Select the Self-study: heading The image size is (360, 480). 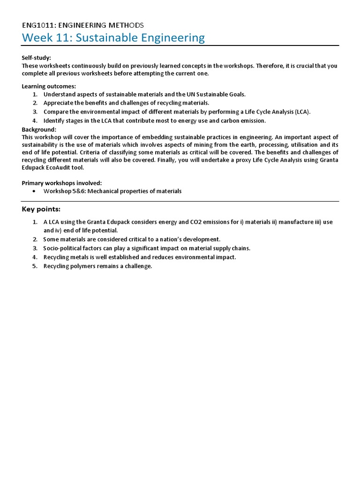click(37, 57)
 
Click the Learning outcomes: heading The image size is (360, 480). click(49, 86)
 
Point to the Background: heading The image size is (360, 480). click(39, 129)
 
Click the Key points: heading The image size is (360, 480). click(41, 209)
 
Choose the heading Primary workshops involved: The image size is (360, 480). click(62, 183)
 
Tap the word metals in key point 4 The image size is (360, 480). click(78, 257)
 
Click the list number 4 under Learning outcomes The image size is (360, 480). click(35, 120)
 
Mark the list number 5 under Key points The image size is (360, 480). click(35, 266)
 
